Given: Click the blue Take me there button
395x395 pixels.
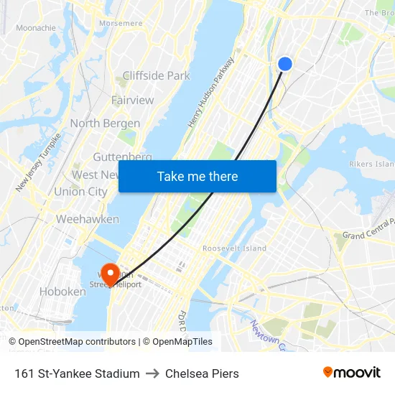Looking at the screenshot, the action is coord(197,177).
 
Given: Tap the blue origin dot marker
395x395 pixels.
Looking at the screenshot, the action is coord(285,64).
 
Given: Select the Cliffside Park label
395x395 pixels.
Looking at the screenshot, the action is coord(156,75).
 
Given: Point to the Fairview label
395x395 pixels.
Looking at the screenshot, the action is coord(132,100).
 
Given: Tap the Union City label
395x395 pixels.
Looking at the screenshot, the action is coord(80,192).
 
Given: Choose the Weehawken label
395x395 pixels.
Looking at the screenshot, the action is coord(87,219).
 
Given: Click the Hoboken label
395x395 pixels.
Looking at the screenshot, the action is coord(62,292).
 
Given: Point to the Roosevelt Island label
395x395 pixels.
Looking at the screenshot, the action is coord(234,248).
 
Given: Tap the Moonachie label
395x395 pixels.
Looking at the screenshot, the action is coord(36,28).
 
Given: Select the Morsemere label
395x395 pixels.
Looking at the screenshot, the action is coord(121,23).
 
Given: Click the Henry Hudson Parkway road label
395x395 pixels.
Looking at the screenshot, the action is coord(211,93).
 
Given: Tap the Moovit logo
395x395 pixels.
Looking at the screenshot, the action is coord(352,373).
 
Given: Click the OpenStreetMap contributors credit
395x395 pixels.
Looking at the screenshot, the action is coord(77,342).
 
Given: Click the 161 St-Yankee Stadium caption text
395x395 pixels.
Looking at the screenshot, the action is coord(77,373).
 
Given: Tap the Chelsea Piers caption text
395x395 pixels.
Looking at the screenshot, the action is coord(202,373).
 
